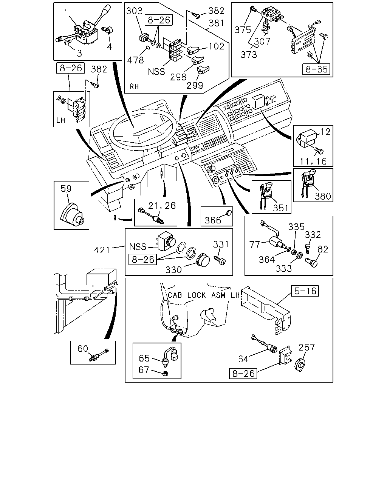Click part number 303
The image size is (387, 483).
(134, 11)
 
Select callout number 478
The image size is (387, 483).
(135, 60)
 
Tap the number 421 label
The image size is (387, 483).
(102, 250)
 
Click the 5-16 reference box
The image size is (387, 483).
(305, 291)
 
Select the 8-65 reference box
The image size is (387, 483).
(316, 69)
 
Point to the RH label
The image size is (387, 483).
(134, 86)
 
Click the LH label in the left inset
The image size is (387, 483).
(61, 120)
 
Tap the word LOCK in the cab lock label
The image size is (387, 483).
(197, 295)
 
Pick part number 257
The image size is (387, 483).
(307, 347)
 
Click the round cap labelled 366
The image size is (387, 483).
(229, 212)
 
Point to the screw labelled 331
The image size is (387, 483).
(220, 261)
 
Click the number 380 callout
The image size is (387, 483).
(323, 196)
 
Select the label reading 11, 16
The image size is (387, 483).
(313, 162)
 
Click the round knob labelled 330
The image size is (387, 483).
(203, 261)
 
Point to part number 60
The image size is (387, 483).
(83, 349)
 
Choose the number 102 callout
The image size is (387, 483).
(217, 46)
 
